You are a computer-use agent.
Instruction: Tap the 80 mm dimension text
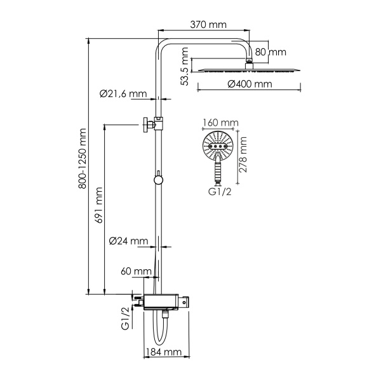pos(272,53)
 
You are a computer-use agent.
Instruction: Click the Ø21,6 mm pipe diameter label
pos(123,94)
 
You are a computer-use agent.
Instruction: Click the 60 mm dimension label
pos(135,272)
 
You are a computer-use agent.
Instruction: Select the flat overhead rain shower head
pos(248,68)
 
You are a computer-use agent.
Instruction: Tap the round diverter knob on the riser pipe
pos(158,180)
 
